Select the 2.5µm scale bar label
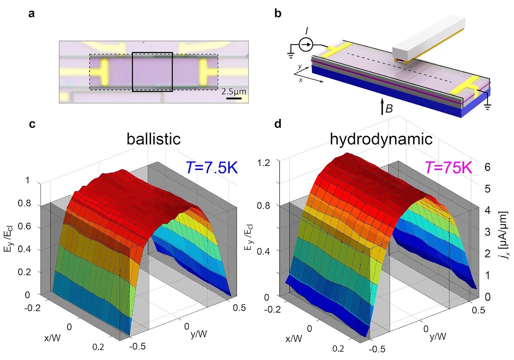[233, 92]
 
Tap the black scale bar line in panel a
[233, 98]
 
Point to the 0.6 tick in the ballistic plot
[39, 227]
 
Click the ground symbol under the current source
[289, 54]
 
